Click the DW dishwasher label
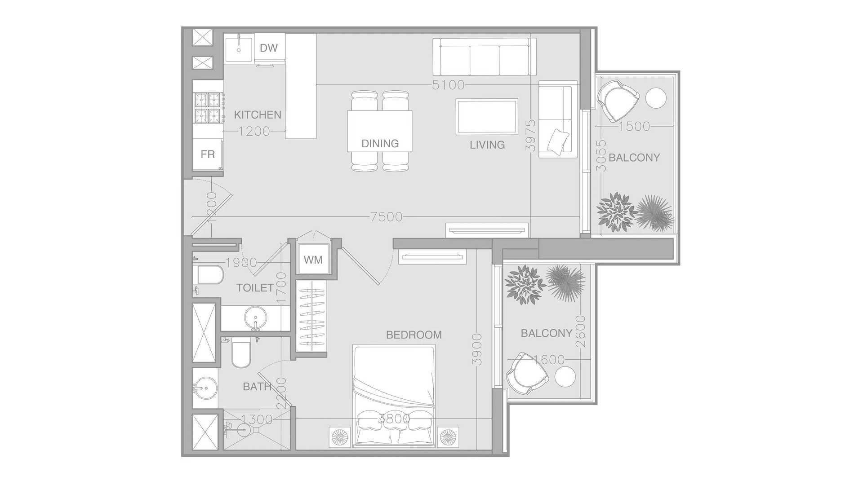point(269,48)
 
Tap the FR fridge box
point(208,154)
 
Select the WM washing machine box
point(313,260)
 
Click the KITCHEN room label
point(258,115)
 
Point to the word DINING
point(380,144)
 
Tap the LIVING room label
point(487,145)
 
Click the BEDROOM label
point(414,335)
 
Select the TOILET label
point(255,288)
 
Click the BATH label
point(257,387)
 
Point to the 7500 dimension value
point(387,217)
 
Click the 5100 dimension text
point(448,85)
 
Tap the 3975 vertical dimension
point(531,135)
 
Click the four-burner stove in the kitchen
point(208,108)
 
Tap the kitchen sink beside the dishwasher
point(238,48)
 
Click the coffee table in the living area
point(487,117)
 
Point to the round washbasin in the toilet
point(255,318)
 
